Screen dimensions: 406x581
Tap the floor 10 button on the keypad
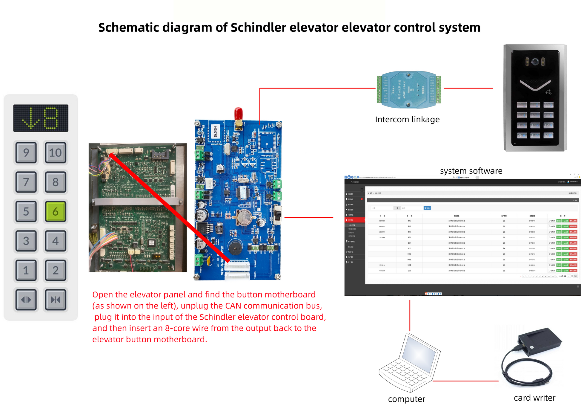click(x=56, y=153)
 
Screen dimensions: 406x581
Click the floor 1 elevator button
click(x=26, y=270)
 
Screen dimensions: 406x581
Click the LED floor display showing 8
click(x=41, y=118)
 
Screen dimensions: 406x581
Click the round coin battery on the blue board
click(x=245, y=217)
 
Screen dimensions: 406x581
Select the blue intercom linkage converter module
click(x=409, y=89)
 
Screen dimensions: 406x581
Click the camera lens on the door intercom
click(x=535, y=62)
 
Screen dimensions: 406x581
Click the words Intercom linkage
click(x=407, y=120)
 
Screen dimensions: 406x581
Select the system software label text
click(x=471, y=171)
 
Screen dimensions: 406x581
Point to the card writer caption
click(x=534, y=398)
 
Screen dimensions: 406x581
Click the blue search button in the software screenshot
click(x=427, y=208)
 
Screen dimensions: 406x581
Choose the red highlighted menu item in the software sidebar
click(x=355, y=220)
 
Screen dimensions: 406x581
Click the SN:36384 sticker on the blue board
click(x=215, y=132)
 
